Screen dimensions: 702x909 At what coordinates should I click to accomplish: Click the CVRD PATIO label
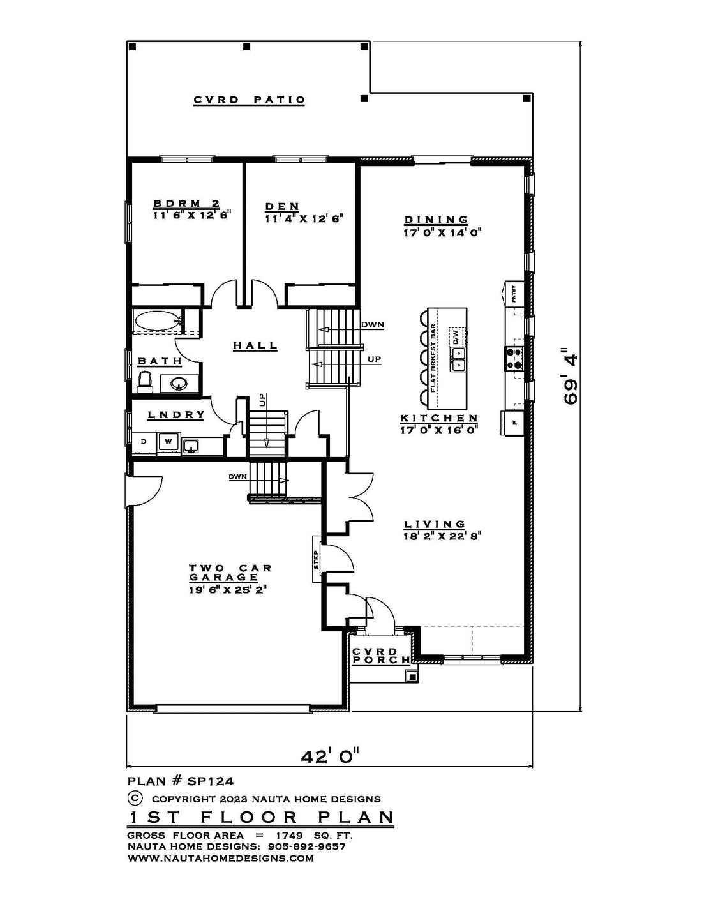[x=249, y=100]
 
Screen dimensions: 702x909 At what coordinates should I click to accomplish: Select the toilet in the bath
[x=145, y=382]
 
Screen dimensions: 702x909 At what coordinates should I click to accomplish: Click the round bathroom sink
[x=179, y=383]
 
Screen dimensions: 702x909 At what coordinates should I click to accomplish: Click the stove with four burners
[x=514, y=359]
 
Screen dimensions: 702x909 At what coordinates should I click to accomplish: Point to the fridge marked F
[x=513, y=423]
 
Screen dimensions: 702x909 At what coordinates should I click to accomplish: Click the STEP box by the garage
[x=316, y=559]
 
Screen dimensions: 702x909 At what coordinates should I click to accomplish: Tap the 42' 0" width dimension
[x=330, y=756]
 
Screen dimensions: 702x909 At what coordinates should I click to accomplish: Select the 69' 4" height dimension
[x=571, y=375]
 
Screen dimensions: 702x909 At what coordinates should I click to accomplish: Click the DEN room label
[x=282, y=206]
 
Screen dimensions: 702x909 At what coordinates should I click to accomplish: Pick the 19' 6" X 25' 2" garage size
[x=228, y=590]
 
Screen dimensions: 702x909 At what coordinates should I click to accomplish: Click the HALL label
[x=255, y=346]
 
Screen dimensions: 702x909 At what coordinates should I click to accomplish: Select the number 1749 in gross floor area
[x=289, y=836]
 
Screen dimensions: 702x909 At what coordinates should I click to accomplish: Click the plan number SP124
[x=211, y=781]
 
